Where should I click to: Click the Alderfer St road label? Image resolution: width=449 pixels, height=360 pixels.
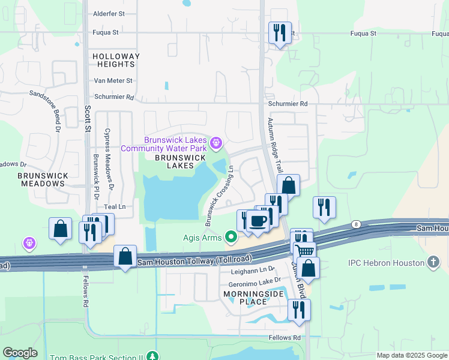point(109,13)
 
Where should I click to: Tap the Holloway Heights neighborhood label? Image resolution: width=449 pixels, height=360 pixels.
point(116,60)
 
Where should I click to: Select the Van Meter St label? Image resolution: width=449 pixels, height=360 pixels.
point(113,80)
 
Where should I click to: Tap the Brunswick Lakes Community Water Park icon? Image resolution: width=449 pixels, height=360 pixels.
point(216,143)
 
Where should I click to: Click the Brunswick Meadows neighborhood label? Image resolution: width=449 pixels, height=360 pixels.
point(43,179)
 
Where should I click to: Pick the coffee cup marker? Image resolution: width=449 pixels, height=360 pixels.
point(258,220)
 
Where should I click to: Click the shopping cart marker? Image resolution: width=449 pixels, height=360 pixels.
point(305,251)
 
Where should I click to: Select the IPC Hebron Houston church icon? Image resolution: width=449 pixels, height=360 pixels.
point(433,262)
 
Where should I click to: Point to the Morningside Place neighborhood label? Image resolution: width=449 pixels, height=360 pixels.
point(244,298)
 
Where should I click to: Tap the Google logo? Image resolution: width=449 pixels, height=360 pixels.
point(20,353)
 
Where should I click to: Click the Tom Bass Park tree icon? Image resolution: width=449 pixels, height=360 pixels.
point(154,356)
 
